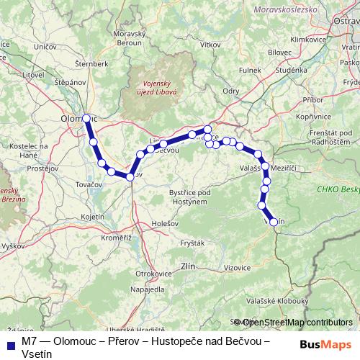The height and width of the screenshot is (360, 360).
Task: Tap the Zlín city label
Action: (188, 266)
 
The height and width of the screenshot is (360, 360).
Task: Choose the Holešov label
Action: (165, 223)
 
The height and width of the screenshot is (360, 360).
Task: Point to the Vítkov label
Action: (211, 45)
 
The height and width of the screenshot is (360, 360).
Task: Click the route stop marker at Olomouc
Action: (86, 118)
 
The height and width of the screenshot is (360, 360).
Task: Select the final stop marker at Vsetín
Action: (274, 222)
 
